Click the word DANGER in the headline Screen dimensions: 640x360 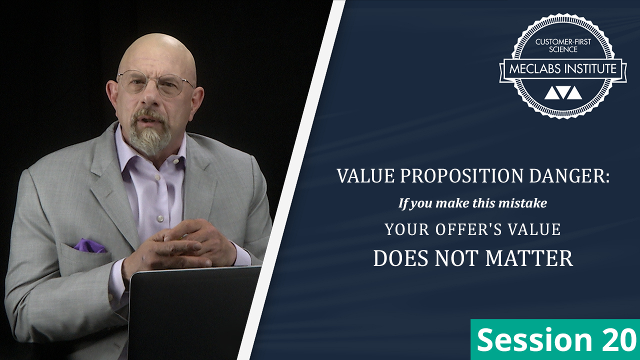(x=569, y=175)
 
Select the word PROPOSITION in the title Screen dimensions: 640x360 (x=461, y=175)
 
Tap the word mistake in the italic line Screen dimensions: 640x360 (x=522, y=203)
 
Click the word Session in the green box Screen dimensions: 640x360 (x=534, y=340)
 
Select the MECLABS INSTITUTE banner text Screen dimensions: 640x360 (x=563, y=69)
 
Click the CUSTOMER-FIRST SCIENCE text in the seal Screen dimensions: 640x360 (x=563, y=45)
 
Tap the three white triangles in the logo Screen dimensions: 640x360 (x=563, y=93)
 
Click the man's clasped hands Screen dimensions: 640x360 (x=183, y=243)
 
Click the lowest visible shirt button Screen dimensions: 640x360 (x=160, y=218)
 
